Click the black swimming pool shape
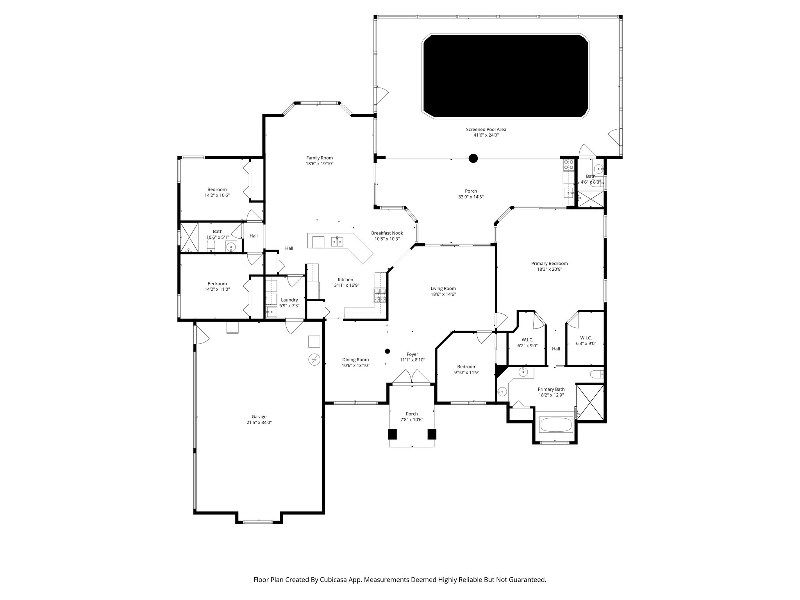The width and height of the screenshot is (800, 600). tap(505, 76)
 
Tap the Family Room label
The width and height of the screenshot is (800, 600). tap(320, 158)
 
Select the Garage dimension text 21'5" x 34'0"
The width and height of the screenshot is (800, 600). tap(259, 422)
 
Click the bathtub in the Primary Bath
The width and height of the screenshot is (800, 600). tap(555, 425)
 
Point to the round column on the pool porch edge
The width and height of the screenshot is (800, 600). tap(473, 158)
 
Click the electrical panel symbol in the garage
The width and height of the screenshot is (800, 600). tap(314, 359)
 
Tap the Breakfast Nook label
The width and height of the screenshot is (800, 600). tap(387, 233)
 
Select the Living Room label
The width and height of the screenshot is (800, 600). tap(443, 289)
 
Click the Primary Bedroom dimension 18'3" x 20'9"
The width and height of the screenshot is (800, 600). tap(549, 269)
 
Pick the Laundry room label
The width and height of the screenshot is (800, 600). tap(289, 300)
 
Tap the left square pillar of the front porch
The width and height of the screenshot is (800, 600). tap(392, 434)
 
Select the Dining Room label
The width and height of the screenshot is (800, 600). tap(355, 360)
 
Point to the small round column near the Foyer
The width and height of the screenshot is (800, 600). tap(387, 351)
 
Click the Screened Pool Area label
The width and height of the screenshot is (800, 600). tap(486, 130)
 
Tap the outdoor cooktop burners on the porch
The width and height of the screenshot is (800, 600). tap(568, 164)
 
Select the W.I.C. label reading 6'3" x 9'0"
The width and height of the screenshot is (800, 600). tap(586, 344)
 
